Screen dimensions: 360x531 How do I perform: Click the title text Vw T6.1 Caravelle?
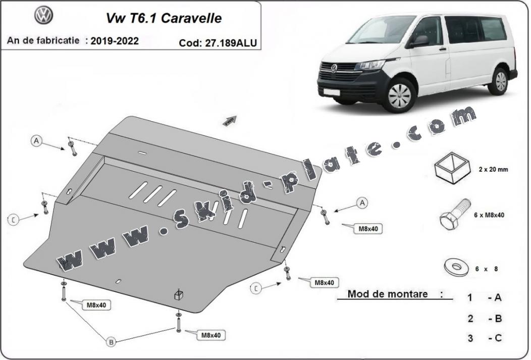pyautogui.click(x=163, y=18)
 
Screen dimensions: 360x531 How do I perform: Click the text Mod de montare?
pyautogui.click(x=388, y=294)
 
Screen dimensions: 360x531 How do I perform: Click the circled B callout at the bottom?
pyautogui.click(x=111, y=342)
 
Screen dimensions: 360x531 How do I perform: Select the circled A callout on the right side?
pyautogui.click(x=361, y=203)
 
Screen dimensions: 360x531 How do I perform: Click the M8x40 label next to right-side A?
pyautogui.click(x=368, y=229)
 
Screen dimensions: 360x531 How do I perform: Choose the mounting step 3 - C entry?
pyautogui.click(x=484, y=338)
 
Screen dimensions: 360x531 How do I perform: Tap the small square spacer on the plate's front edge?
pyautogui.click(x=178, y=295)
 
